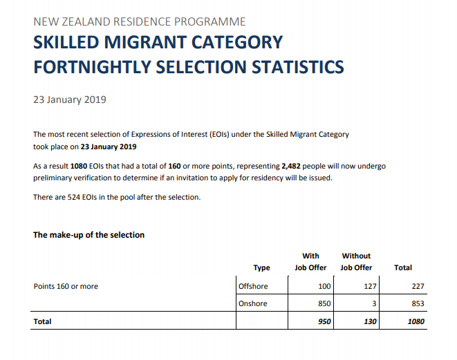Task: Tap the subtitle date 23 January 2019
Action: (x=70, y=100)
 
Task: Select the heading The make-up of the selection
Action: (x=89, y=235)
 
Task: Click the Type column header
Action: (x=262, y=267)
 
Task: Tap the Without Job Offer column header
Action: (x=356, y=261)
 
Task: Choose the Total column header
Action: (x=402, y=267)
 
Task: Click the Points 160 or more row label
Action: (x=66, y=286)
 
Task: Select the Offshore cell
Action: (x=252, y=286)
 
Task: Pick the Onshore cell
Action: (x=252, y=303)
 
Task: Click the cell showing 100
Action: (x=324, y=286)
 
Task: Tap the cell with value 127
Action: (x=369, y=286)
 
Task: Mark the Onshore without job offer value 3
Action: (x=373, y=303)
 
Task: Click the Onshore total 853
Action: (x=416, y=303)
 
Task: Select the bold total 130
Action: (x=369, y=321)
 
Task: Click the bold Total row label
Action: (x=43, y=321)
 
